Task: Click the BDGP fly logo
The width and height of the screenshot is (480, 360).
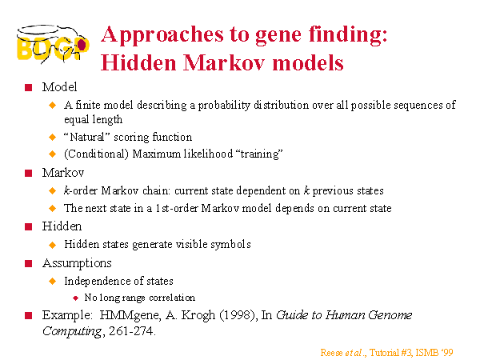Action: tap(53, 44)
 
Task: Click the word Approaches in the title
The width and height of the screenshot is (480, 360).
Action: tap(162, 34)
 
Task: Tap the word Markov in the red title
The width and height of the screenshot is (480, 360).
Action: tap(224, 62)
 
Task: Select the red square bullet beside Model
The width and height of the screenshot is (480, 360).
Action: tap(29, 87)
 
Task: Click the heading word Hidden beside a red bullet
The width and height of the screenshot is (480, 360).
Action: tap(62, 226)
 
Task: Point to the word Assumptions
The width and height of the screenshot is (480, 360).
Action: tap(77, 263)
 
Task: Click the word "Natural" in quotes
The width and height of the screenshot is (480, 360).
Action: tap(87, 137)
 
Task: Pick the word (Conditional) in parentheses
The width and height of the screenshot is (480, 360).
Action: tap(96, 154)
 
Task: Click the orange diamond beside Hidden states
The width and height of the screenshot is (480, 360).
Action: tap(52, 245)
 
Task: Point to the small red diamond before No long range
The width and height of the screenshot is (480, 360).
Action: tap(76, 298)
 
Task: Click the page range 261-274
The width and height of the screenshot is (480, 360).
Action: tap(130, 331)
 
